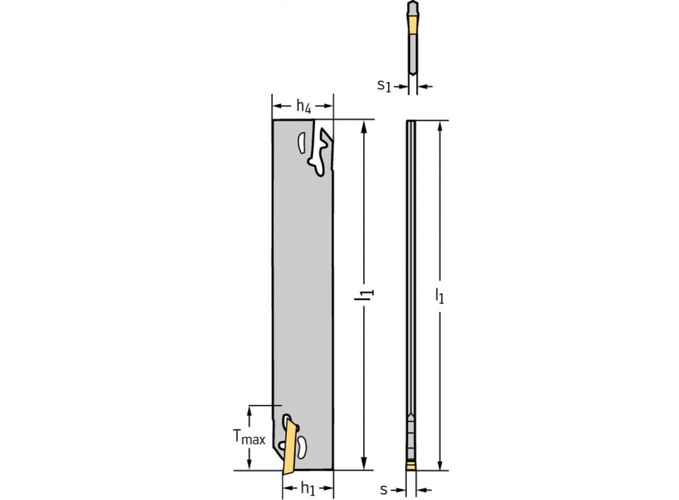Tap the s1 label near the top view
(384, 86)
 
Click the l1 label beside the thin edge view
(440, 294)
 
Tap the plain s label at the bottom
(384, 488)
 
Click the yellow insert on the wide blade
(291, 445)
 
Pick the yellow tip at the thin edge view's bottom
(410, 465)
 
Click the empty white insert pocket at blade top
(321, 151)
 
